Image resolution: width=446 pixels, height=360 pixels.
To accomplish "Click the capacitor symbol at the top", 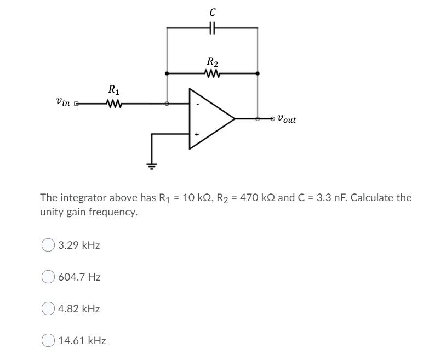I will coord(212,27).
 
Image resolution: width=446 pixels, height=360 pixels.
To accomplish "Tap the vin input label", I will coord(64,102).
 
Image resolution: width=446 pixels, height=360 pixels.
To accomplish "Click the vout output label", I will coord(287,118).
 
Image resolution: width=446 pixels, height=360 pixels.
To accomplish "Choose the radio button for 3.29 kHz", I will coord(48,245).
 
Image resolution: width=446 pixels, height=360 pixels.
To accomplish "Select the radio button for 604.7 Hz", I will coord(48,277).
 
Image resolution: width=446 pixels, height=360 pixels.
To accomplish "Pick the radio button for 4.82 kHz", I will coord(48,309).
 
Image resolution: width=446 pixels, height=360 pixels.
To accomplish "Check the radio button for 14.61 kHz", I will coord(48,341).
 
